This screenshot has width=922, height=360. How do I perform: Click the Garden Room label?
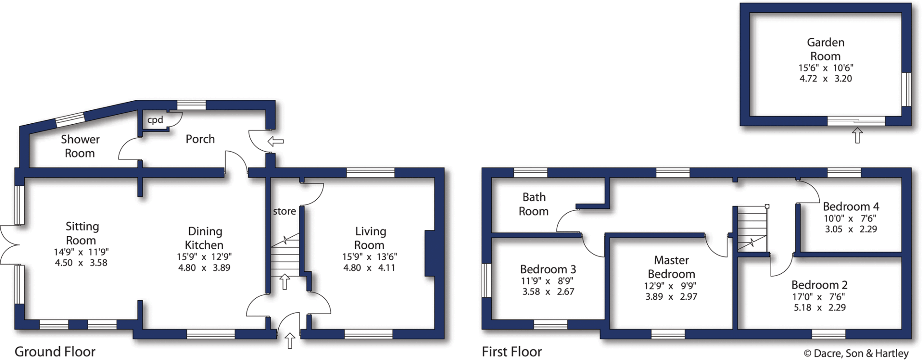point(825,49)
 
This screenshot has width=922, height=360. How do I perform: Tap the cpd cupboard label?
point(155,120)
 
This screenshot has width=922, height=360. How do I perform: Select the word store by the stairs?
point(284,211)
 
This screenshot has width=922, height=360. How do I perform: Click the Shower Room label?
point(80,146)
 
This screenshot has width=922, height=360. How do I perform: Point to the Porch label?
point(200,139)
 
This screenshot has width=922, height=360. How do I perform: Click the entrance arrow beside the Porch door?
point(276,142)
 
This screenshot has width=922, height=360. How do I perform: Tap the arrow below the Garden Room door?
point(857,135)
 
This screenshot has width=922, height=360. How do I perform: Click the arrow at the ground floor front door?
point(290,340)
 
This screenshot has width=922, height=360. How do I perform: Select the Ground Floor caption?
point(55,351)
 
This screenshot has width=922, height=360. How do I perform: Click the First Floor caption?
point(511,351)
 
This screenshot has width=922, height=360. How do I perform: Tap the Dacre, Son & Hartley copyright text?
point(856,353)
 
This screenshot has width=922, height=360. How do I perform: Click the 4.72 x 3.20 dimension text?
point(825,79)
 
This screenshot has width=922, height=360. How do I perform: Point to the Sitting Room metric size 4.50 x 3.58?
point(81,263)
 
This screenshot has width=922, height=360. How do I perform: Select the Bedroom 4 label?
point(850,207)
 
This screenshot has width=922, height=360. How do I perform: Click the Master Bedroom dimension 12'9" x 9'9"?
point(671,286)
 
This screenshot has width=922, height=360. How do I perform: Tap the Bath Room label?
point(533,204)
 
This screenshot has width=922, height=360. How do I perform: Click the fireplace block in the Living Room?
point(430,253)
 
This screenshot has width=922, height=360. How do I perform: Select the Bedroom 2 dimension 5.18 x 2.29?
point(819,308)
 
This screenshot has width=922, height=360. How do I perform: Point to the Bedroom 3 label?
point(547,269)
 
